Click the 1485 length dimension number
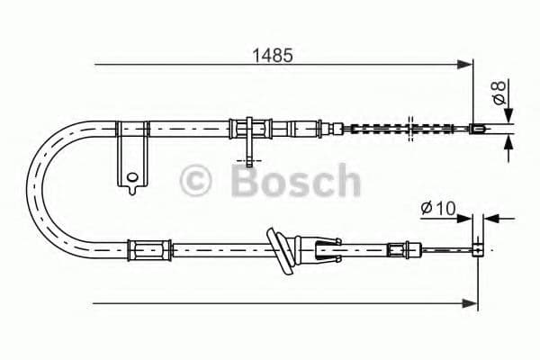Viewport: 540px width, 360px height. click(272, 55)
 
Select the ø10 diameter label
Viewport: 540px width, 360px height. click(439, 209)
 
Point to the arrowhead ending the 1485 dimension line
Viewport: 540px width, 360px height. click(466, 65)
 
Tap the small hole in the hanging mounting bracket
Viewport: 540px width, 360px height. click(132, 176)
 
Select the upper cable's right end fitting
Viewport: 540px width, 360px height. click(479, 129)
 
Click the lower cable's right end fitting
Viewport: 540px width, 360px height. click(480, 247)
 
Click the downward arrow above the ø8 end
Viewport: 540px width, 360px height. click(508, 115)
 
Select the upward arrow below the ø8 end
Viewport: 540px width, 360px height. click(508, 141)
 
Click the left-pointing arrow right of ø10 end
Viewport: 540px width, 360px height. click(491, 218)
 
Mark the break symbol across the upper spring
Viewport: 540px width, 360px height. click(410, 127)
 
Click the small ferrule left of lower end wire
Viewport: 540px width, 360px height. click(397, 247)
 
